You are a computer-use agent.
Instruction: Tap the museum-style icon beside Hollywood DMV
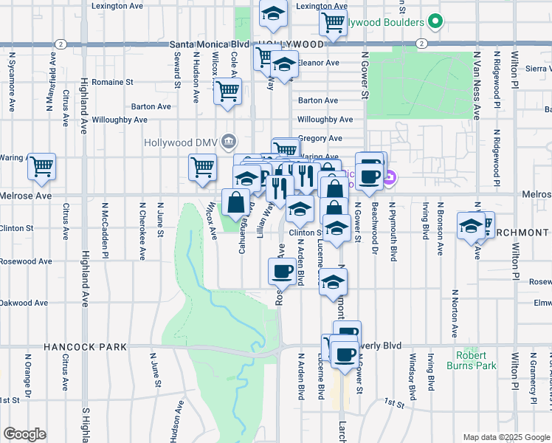pos(229,141)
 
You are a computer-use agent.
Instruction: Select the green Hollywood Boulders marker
pos(435,21)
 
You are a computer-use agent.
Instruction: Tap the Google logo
pos(24,434)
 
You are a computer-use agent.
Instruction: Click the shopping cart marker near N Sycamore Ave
pos(42,166)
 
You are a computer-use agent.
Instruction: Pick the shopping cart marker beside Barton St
pos(228,92)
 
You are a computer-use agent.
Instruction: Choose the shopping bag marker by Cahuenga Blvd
pos(235,202)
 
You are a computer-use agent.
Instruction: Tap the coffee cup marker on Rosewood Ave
pos(280,271)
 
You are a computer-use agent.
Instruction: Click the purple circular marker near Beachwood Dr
pos(391,177)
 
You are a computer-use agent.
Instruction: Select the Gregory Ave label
pos(325,138)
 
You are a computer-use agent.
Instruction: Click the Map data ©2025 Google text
pos(506,437)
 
